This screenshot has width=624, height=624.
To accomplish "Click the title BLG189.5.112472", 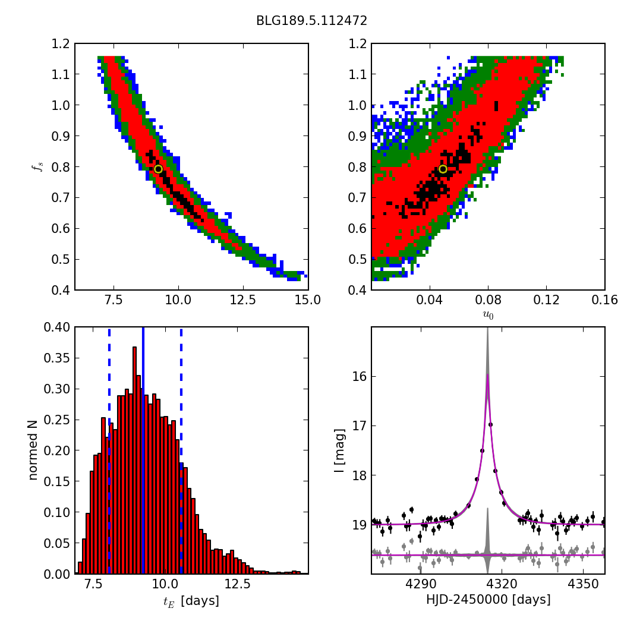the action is tap(311, 21).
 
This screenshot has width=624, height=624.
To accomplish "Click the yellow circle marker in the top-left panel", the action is tap(158, 169).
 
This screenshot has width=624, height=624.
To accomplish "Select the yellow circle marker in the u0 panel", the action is tap(443, 169).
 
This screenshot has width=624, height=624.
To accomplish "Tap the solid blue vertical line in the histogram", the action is tap(143, 450).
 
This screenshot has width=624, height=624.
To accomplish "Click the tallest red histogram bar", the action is tap(134, 460).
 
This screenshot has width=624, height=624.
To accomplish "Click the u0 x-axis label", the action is tap(488, 315).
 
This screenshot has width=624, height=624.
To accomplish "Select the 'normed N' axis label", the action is tap(33, 450).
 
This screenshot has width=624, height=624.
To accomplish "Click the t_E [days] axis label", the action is tap(191, 601).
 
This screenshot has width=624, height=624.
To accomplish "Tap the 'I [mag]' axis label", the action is tap(339, 450).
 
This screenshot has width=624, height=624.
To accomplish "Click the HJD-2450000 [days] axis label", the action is tap(489, 599).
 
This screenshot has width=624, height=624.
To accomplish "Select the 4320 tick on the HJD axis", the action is tap(502, 584).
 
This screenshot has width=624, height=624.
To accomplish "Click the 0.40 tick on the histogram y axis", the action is tap(56, 327).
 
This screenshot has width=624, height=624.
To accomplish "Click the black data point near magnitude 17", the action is tap(490, 425).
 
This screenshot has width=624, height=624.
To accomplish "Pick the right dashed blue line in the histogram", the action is tap(181, 450).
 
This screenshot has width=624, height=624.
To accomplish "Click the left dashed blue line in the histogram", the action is tap(109, 450).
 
